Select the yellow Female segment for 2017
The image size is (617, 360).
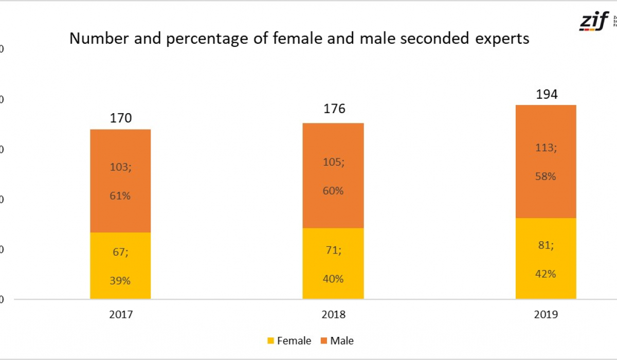point(120,265)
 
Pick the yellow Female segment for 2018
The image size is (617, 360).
point(333,263)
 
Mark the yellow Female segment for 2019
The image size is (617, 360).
point(546,258)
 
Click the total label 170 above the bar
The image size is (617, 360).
point(121,118)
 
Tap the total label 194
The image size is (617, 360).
point(546,95)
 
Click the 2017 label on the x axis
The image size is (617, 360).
point(121,315)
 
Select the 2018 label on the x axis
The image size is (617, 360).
point(333,315)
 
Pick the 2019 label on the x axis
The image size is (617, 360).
point(546,315)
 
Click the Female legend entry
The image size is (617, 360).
point(289,340)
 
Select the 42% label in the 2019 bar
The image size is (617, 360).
point(546,274)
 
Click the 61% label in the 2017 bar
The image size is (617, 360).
point(120,196)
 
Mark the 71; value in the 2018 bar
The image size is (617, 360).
point(333,250)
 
